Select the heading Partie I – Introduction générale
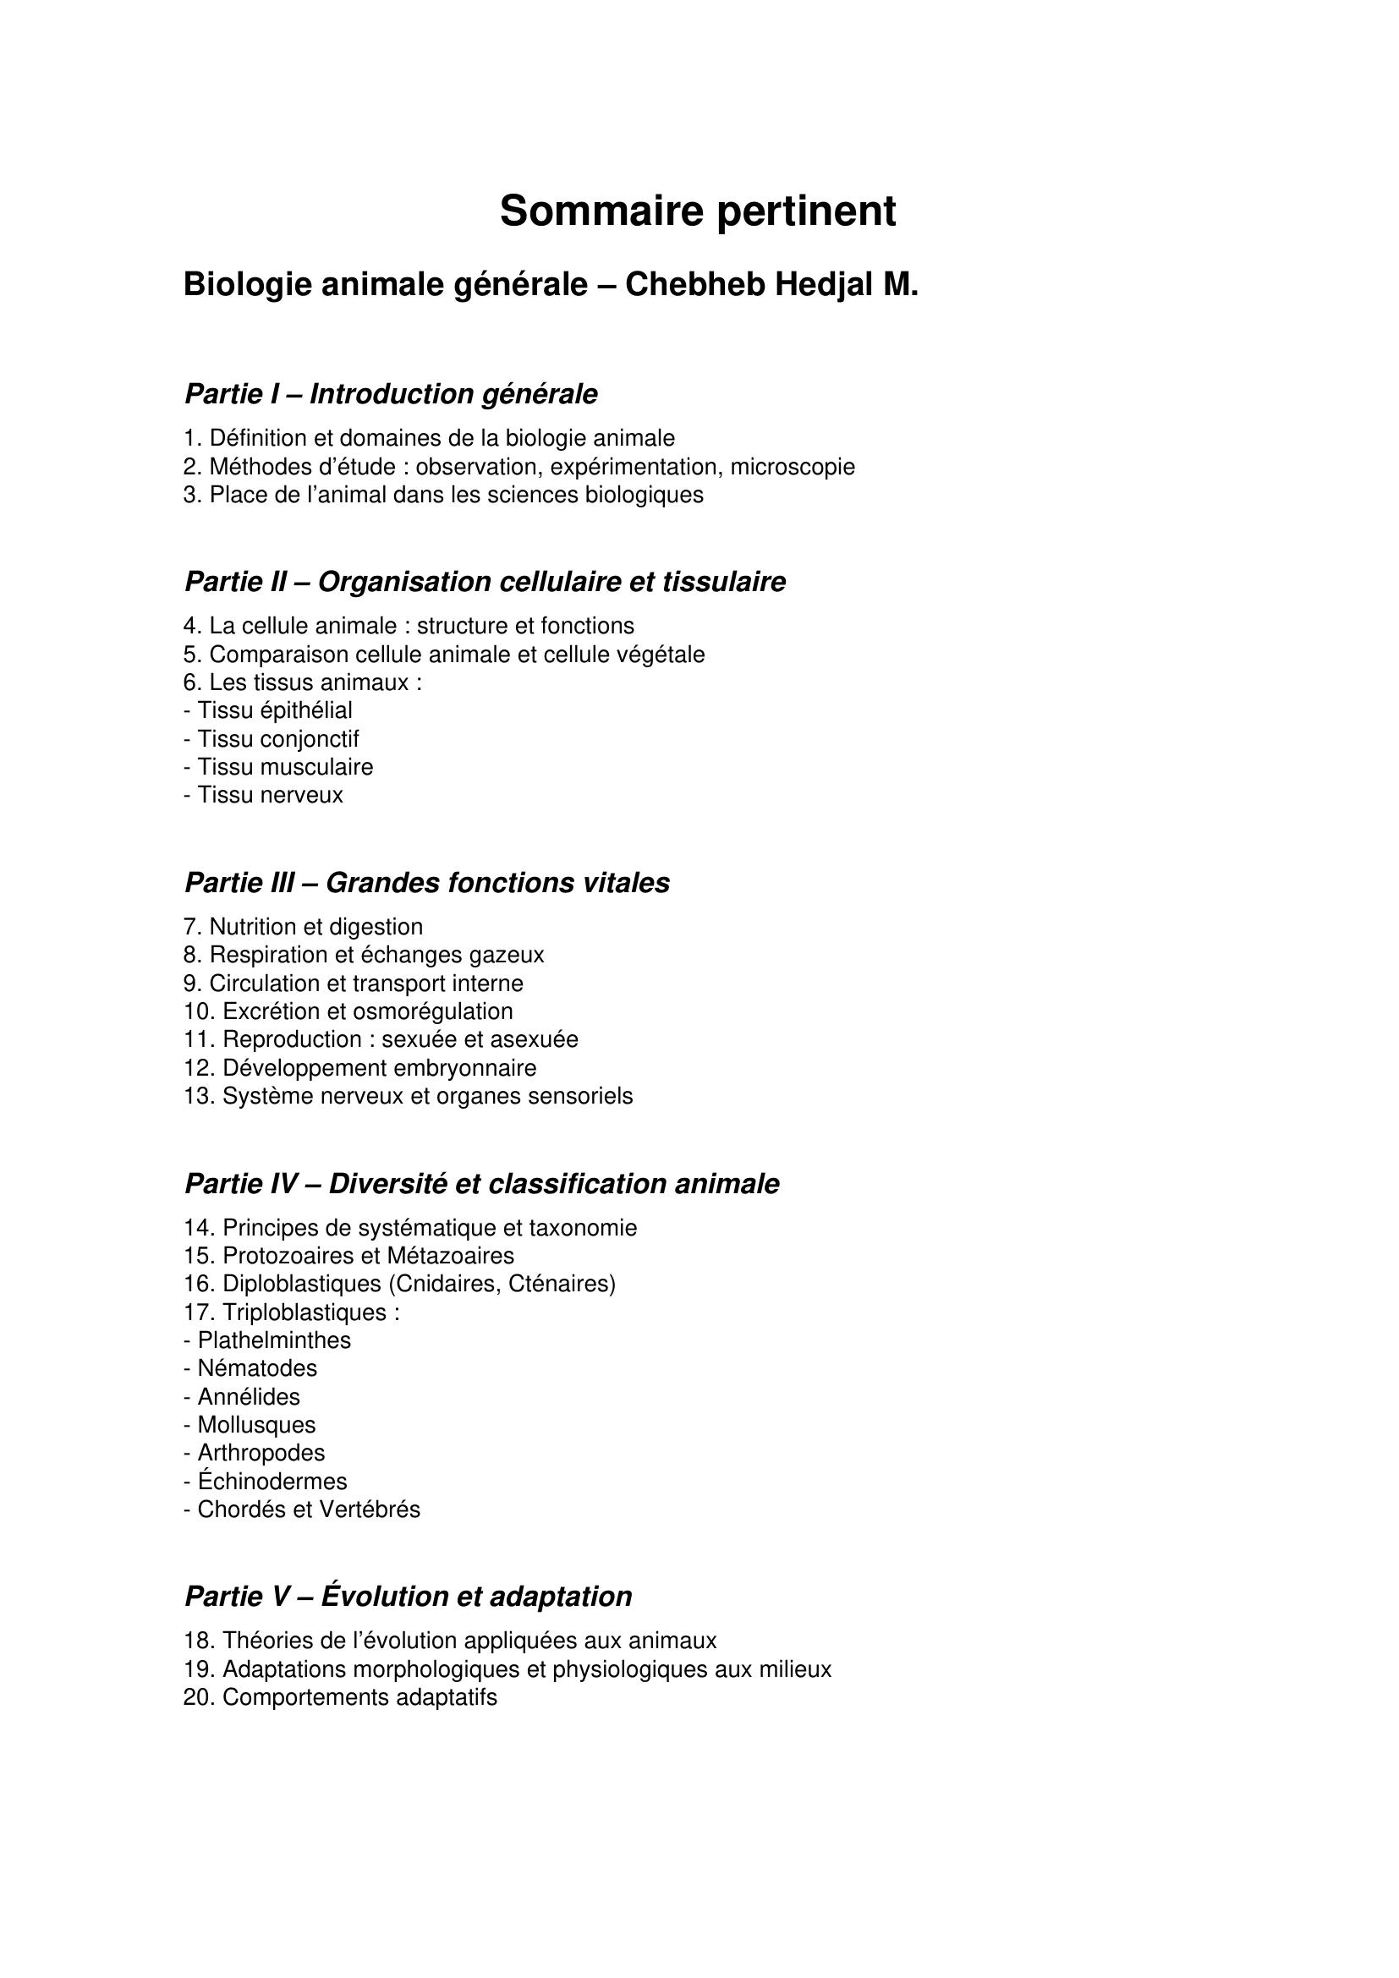pos(390,395)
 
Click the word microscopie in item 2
pos(793,467)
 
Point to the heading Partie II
pos(485,583)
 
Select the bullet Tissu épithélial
pos(269,710)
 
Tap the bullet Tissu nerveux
pos(264,795)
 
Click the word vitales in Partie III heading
pos(626,883)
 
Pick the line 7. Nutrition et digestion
pos(304,927)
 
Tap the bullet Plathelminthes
pos(268,1340)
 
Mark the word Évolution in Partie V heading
pos(386,1597)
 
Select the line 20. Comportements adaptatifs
pos(340,1698)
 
